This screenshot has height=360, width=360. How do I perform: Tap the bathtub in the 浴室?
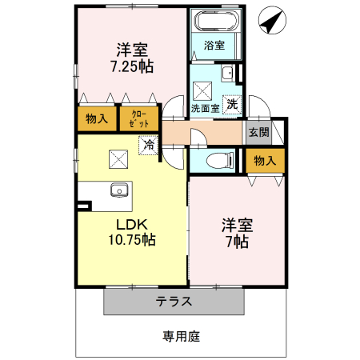(x=214, y=20)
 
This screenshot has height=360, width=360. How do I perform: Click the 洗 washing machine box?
(x=230, y=103)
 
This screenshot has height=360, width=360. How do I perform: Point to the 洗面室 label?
(x=205, y=107)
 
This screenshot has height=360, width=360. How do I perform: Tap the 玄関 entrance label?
(x=258, y=132)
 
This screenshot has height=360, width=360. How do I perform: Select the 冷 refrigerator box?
(x=148, y=145)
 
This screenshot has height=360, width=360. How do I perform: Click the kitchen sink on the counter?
(x=119, y=191)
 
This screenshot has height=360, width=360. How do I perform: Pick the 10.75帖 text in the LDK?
(x=132, y=239)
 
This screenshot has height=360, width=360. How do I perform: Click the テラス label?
(x=174, y=302)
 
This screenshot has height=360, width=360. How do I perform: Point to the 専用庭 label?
(x=181, y=336)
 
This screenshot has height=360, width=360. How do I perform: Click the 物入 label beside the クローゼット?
(x=96, y=118)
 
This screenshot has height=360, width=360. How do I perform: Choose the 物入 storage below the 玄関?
(x=265, y=160)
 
